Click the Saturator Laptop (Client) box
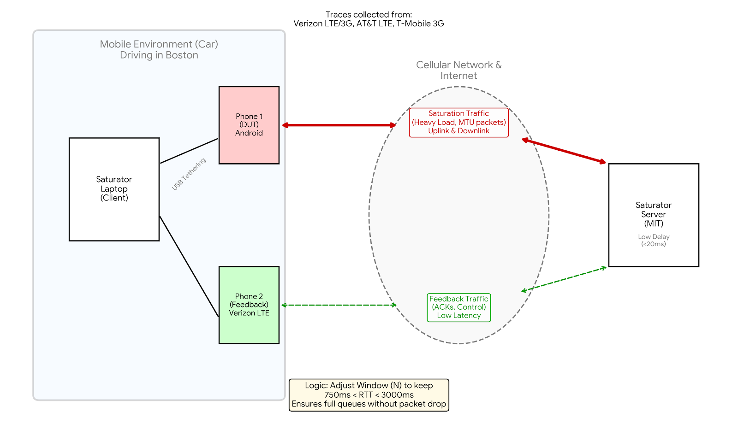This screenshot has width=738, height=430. (x=114, y=189)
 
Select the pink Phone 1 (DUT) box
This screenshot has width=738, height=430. (x=249, y=125)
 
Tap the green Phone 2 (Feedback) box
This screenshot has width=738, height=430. (x=249, y=305)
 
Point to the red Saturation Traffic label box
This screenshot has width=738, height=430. (x=458, y=122)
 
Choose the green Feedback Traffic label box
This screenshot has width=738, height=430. (x=458, y=307)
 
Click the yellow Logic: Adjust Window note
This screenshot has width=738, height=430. (x=369, y=395)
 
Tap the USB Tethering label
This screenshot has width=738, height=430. (x=189, y=174)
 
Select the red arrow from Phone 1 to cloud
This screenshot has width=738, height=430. (x=339, y=125)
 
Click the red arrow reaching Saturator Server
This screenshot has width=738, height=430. (x=564, y=151)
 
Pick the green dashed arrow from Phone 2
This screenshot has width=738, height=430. (x=339, y=305)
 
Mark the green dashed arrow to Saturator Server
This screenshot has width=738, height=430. (x=564, y=279)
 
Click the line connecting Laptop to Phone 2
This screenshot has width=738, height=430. (x=189, y=266)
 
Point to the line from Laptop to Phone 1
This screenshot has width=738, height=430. (x=189, y=151)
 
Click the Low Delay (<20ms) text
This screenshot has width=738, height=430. (x=654, y=240)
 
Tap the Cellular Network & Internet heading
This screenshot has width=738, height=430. (x=458, y=70)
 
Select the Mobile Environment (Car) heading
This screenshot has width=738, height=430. (x=159, y=44)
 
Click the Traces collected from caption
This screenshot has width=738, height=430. (x=369, y=15)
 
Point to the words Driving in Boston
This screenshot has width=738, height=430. (x=159, y=55)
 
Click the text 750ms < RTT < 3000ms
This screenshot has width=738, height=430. (x=369, y=395)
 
